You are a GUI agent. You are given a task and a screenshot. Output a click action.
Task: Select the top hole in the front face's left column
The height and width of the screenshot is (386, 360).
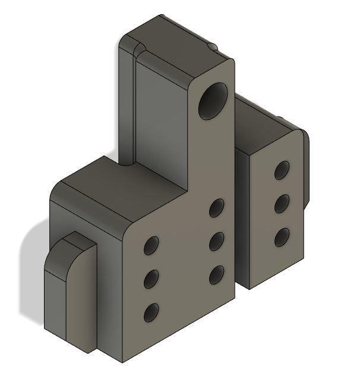[151, 245]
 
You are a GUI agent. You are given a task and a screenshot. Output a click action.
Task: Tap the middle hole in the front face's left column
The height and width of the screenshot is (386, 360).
[151, 278]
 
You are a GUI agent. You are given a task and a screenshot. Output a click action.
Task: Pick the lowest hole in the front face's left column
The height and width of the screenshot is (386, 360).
[151, 311]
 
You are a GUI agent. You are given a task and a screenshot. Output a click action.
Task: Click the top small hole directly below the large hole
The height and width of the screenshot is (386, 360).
[217, 208]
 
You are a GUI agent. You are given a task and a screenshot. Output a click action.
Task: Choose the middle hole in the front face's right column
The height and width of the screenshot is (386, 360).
[217, 241]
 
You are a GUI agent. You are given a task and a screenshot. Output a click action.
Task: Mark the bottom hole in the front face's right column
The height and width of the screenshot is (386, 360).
[217, 274]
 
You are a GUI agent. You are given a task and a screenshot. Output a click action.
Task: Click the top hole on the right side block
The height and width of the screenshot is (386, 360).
[282, 170]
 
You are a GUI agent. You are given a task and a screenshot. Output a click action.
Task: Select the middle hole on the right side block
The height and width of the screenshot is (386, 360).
[282, 204]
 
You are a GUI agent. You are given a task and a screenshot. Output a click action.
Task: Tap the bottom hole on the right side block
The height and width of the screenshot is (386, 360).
[282, 238]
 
